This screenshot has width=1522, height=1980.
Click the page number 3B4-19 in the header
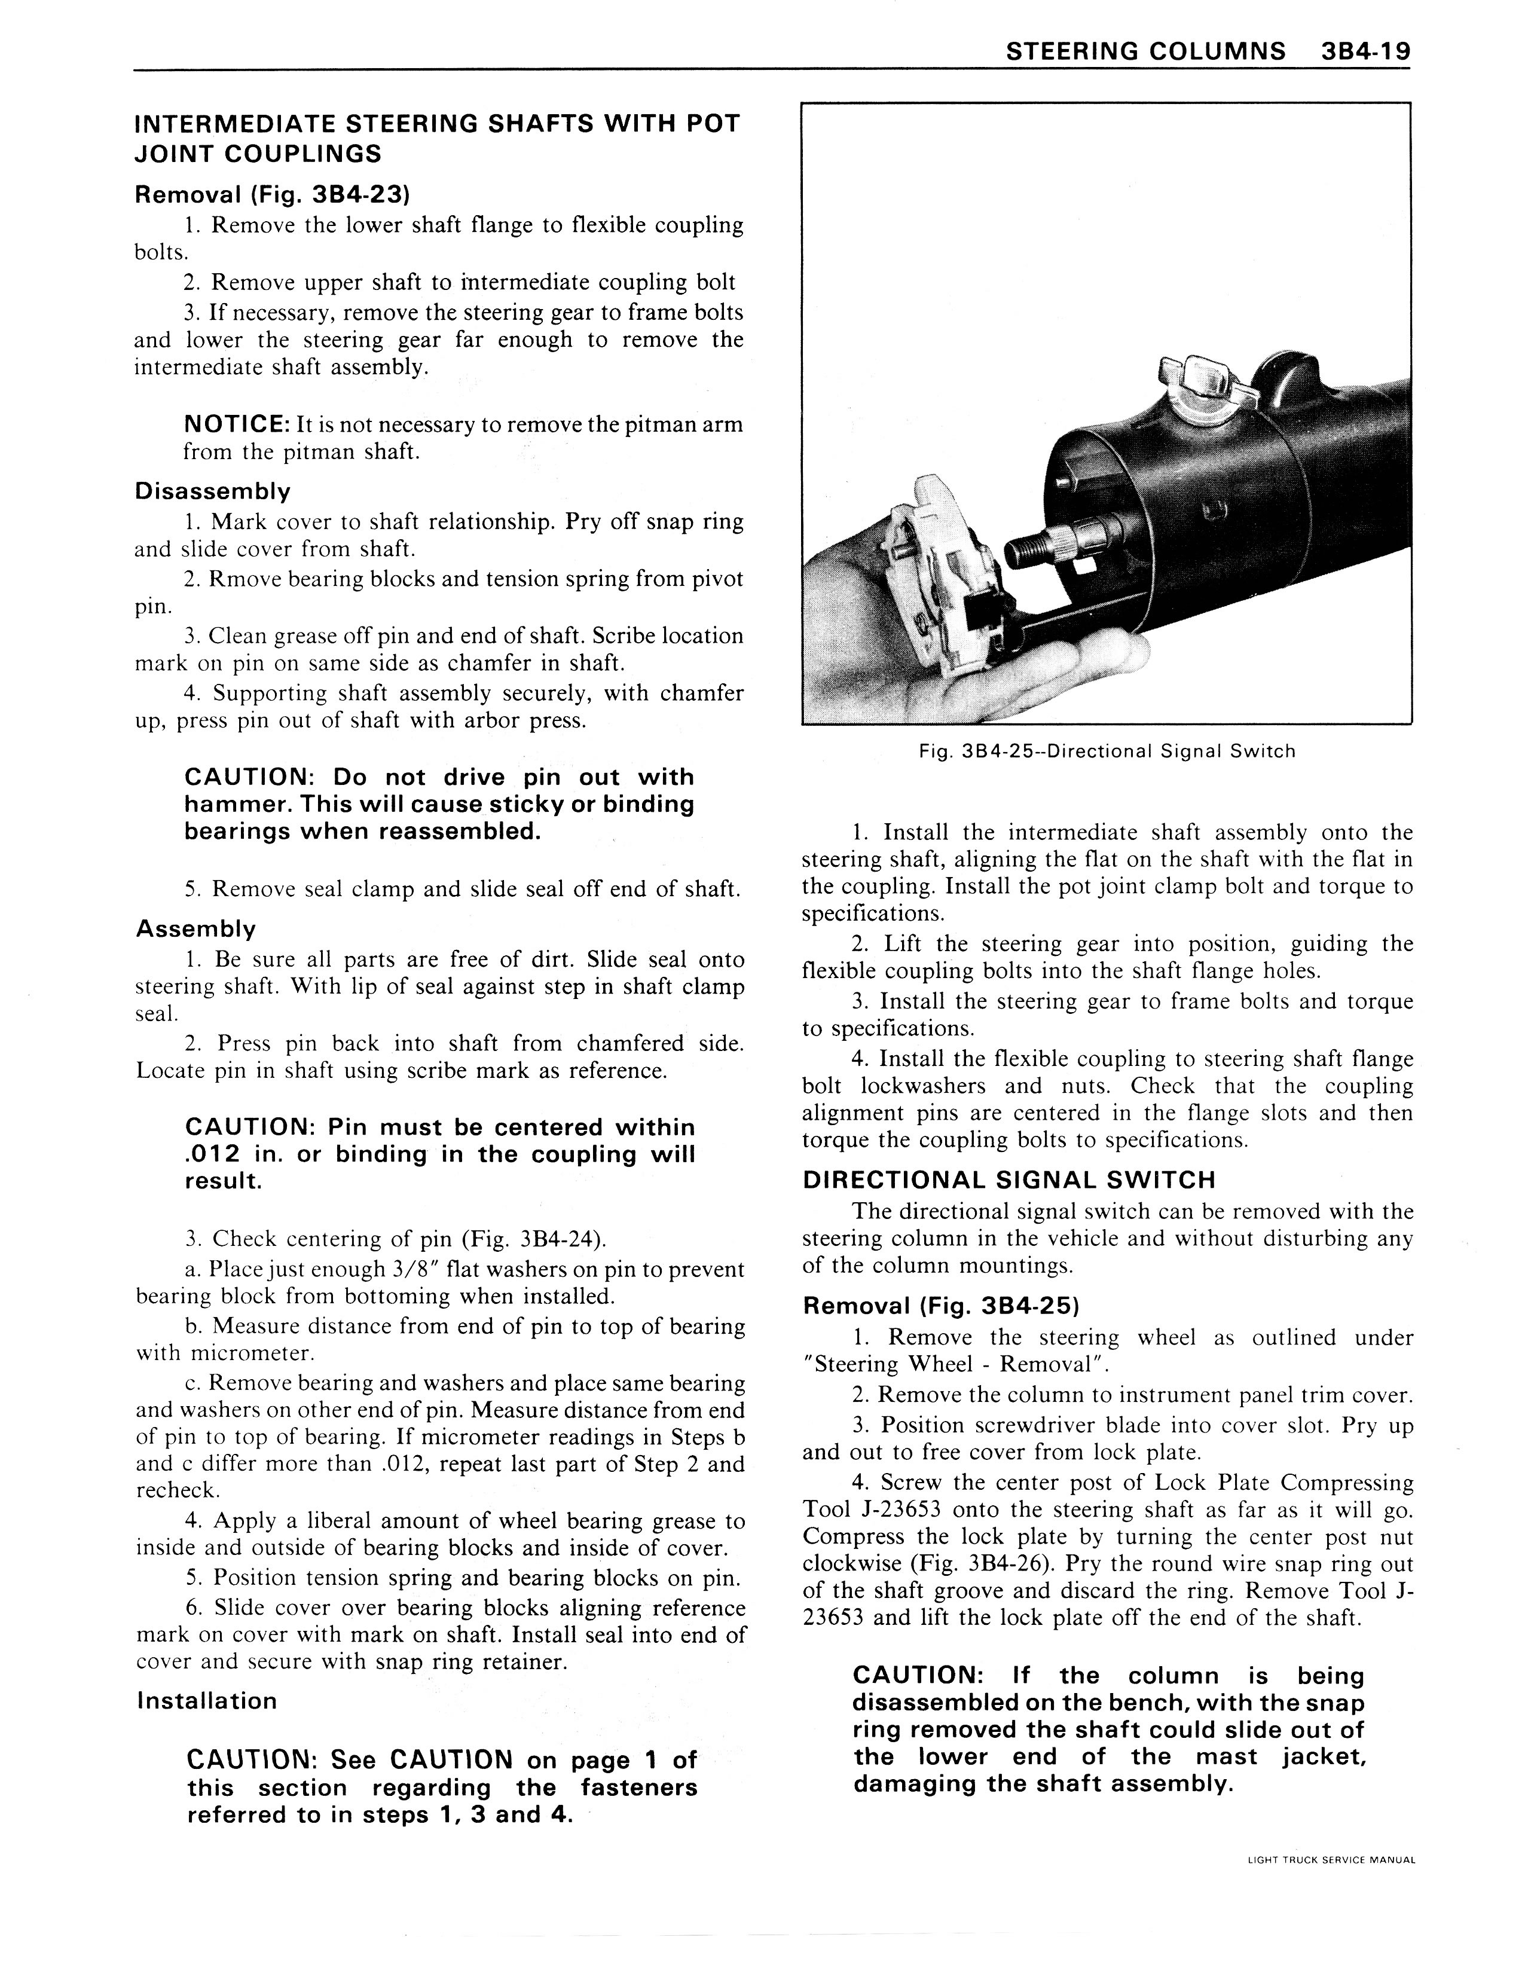point(1364,51)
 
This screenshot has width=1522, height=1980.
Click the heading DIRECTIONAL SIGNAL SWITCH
point(1009,1180)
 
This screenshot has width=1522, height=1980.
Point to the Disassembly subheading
point(213,492)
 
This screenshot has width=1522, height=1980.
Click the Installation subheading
point(207,1700)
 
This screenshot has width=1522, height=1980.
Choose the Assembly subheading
point(195,928)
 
